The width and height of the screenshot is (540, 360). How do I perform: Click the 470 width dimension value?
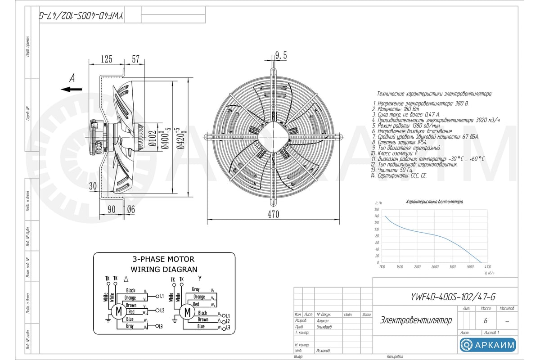273,215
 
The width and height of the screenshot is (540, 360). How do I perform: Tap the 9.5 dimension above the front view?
281,55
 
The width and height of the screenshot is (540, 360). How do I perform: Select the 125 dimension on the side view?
106,59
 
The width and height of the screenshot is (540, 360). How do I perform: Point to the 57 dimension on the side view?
135,59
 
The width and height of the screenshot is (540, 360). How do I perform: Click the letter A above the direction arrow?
72,78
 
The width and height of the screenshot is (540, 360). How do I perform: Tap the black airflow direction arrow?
72,89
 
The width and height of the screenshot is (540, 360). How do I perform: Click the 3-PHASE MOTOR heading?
163,259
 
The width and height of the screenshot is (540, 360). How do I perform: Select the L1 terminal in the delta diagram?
161,297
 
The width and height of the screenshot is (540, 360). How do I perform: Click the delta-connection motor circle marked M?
119,311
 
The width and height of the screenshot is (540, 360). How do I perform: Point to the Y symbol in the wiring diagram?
199,279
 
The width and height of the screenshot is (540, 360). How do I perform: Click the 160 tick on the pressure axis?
377,210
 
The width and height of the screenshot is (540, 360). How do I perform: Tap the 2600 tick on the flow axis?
435,267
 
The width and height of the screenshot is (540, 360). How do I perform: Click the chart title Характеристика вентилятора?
434,202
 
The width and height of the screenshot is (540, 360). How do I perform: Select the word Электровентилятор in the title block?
416,320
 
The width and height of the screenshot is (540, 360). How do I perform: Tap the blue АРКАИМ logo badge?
488,345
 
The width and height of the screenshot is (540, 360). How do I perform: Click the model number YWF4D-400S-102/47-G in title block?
453,297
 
